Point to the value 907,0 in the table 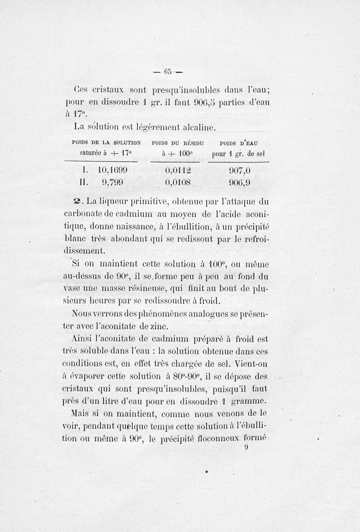(x=239, y=170)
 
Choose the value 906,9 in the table (x=239, y=182)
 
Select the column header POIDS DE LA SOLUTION (x=106, y=143)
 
